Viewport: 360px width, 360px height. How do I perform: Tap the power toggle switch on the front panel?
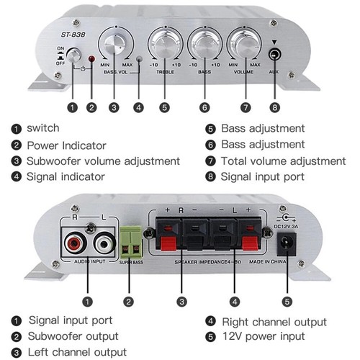72,56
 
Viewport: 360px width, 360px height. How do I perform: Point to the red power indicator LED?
91,58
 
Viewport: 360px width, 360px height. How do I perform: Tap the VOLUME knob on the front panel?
243,43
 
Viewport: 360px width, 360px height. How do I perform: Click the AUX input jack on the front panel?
274,54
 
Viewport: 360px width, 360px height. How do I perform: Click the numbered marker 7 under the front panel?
245,108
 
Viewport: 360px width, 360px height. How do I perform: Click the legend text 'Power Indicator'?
66,145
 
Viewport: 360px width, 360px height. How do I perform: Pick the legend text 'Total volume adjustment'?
273,161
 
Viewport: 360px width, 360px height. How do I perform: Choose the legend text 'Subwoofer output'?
73,336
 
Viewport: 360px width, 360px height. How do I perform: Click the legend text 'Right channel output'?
274,321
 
